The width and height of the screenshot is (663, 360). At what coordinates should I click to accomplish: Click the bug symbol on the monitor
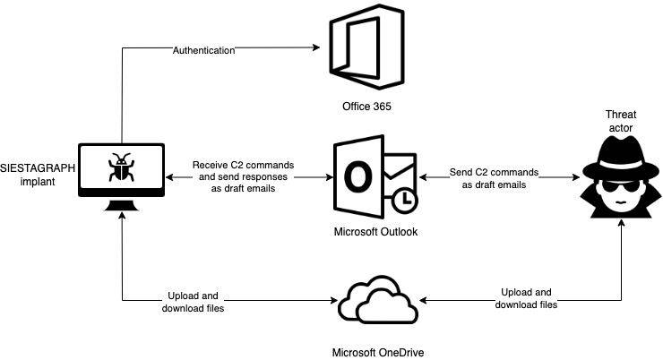pos(121,168)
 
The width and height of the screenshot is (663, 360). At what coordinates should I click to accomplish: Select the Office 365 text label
pos(357,107)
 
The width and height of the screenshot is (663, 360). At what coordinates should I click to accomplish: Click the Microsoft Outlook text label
pos(374,233)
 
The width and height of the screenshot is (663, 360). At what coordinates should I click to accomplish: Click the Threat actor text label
pos(620,122)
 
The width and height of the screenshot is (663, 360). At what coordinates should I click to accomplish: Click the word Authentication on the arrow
pos(203,50)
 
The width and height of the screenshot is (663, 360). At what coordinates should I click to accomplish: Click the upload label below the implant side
pos(192,302)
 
